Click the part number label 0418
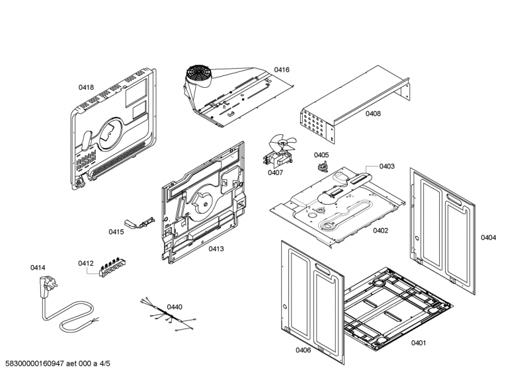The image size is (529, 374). point(86,87)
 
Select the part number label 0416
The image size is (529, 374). point(282,69)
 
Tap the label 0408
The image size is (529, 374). point(373,114)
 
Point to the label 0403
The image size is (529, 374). point(387,167)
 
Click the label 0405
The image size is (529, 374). point(321,155)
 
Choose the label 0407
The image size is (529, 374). point(275,173)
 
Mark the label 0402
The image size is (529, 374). point(380,231)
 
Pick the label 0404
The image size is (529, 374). point(488,237)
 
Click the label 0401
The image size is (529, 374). point(419,342)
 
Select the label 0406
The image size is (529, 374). point(303,350)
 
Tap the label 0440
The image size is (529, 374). point(175,307)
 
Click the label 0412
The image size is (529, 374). point(85,263)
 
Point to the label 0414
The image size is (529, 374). point(38,268)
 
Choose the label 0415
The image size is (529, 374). point(116,232)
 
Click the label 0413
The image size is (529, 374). point(216,249)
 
